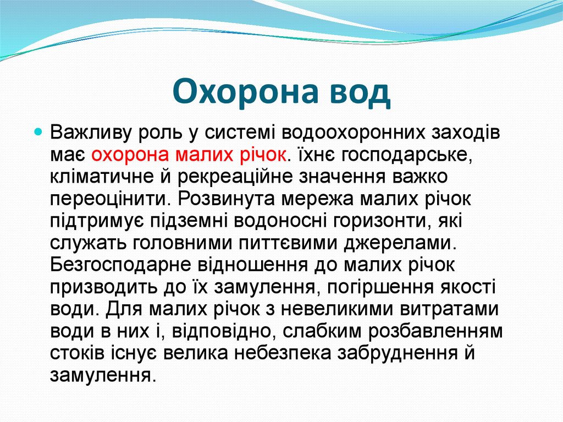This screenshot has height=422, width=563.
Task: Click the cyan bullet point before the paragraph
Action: (x=38, y=133)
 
